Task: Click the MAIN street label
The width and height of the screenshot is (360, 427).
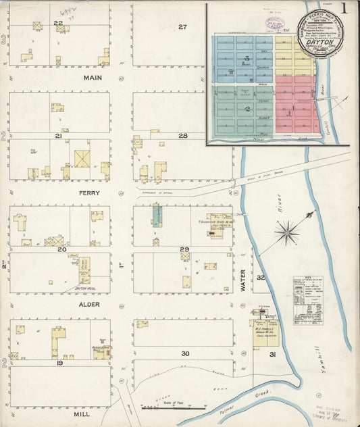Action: (92, 78)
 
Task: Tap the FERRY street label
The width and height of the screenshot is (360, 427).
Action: (90, 193)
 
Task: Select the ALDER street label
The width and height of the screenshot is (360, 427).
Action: (90, 305)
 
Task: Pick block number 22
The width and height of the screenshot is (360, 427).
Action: (59, 23)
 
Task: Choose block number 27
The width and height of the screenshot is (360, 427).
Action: (182, 27)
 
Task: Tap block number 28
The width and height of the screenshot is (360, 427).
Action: (182, 136)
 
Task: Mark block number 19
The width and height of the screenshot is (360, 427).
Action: (59, 363)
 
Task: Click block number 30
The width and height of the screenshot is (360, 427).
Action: (184, 353)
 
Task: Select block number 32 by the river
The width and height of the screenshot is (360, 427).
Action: (260, 278)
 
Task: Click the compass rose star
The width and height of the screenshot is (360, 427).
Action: (288, 233)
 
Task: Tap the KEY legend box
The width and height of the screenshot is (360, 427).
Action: (307, 300)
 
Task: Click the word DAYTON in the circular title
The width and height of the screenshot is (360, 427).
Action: (321, 41)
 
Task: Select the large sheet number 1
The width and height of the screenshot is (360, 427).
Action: (344, 10)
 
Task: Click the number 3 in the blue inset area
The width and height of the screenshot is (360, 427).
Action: (247, 59)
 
